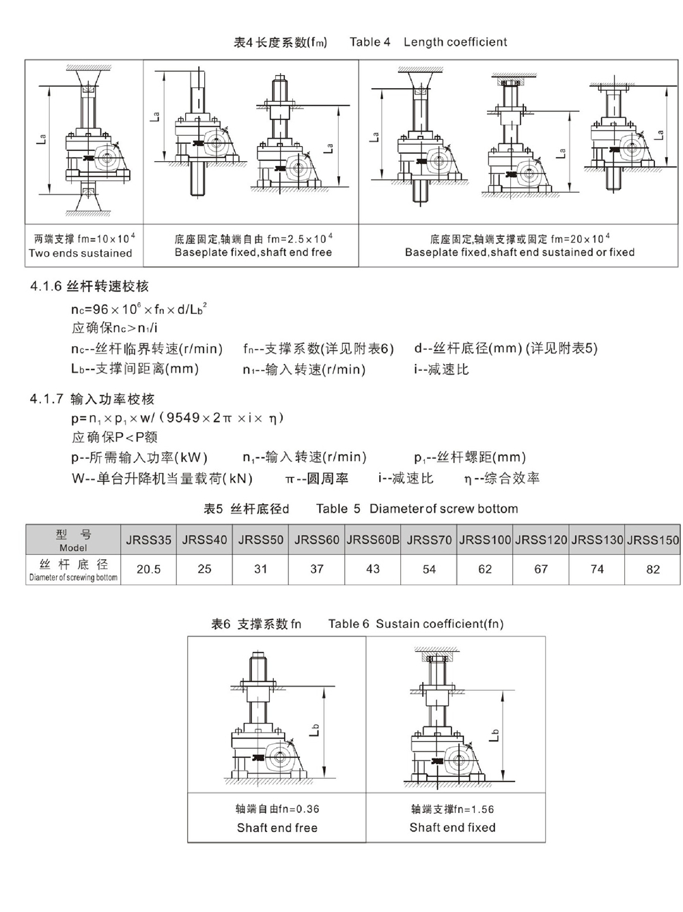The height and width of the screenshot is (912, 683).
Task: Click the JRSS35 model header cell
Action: (x=148, y=539)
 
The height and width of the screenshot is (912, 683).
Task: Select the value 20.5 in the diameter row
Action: (x=148, y=569)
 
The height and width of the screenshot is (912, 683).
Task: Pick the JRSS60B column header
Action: (x=373, y=539)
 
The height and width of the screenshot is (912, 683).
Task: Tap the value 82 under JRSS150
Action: (x=653, y=569)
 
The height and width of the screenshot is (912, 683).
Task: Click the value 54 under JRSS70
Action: (x=429, y=569)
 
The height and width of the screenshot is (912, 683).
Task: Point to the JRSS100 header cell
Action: (x=485, y=539)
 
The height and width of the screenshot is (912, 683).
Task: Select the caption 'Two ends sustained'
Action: (x=81, y=253)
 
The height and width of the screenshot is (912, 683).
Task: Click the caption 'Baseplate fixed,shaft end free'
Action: (x=253, y=253)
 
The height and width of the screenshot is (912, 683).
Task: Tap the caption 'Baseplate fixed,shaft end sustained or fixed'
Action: (x=519, y=253)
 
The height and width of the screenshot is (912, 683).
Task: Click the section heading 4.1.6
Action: (x=89, y=287)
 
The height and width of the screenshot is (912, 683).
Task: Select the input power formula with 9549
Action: (x=178, y=418)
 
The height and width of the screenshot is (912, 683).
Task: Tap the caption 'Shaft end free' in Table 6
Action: (x=277, y=828)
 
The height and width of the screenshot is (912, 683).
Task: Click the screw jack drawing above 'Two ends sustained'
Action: (x=85, y=140)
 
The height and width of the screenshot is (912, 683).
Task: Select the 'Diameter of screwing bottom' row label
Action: (x=73, y=578)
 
